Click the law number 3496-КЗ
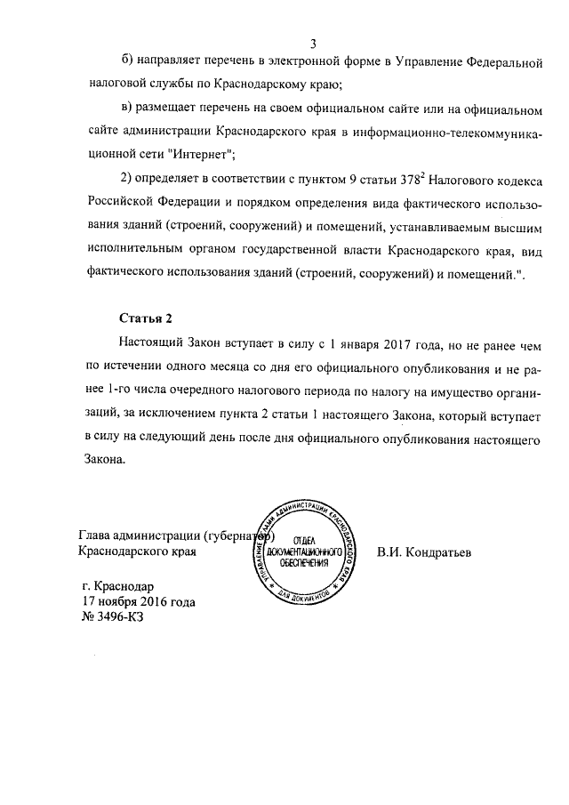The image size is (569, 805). (113, 617)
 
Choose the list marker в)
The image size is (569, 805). (126, 109)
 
